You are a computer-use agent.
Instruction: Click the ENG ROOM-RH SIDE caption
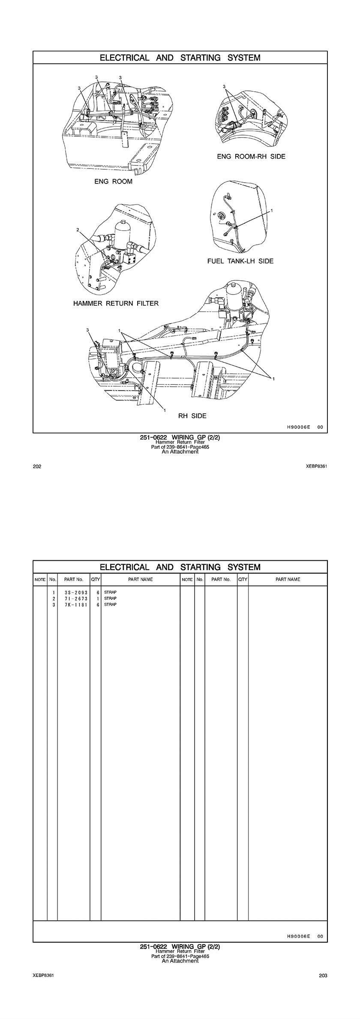point(251,156)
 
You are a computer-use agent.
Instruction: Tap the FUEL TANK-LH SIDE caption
point(240,261)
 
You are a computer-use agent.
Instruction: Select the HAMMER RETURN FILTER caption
point(116,304)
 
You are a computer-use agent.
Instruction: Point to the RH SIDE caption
point(192,416)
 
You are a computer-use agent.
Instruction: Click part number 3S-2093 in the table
point(73,592)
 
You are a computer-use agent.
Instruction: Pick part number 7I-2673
point(73,598)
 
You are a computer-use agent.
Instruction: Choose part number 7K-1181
point(73,604)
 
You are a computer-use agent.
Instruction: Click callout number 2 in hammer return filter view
point(78,230)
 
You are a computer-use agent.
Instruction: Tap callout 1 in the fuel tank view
point(272,211)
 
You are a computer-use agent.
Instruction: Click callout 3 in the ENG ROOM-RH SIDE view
point(224,87)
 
